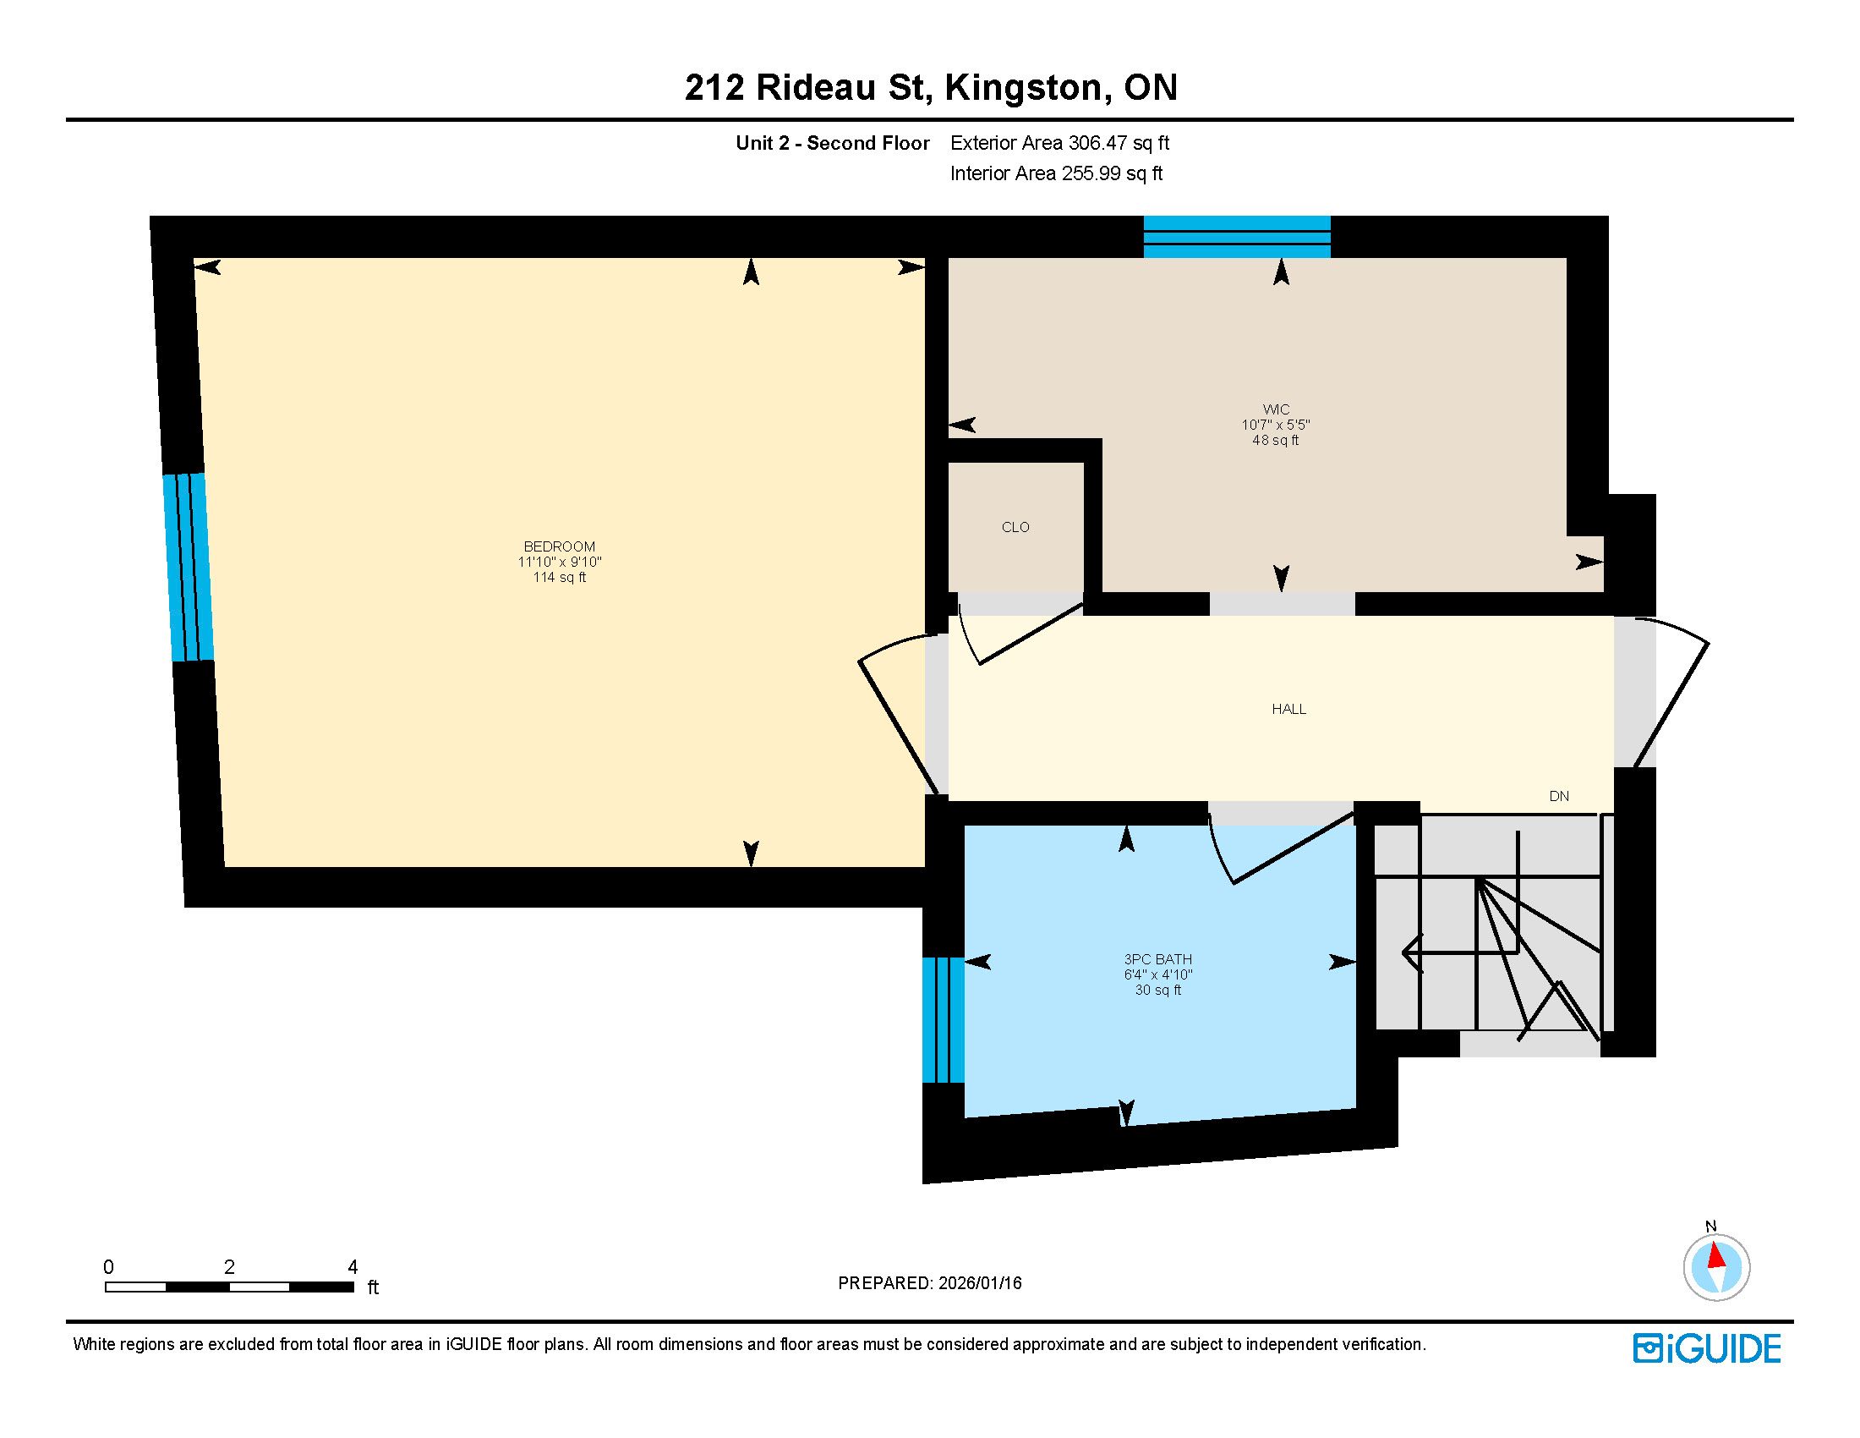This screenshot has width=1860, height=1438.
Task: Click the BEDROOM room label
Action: coord(559,546)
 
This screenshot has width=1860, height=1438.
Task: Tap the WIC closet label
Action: coord(1276,409)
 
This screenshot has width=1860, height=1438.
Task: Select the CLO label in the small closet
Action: coord(1015,527)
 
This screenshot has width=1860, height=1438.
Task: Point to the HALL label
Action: coord(1288,709)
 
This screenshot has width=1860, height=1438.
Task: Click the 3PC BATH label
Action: coord(1157,959)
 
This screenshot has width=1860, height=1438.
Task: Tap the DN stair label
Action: coord(1558,797)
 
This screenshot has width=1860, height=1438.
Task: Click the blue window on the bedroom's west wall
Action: coord(189,568)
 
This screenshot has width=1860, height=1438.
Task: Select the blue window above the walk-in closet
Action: coord(1237,236)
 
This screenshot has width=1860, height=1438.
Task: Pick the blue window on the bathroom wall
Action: coord(944,1020)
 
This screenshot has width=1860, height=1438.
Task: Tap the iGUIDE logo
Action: coord(1707,1348)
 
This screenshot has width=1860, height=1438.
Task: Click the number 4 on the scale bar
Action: coord(353,1267)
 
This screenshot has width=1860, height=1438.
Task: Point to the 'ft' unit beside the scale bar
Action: coord(373,1287)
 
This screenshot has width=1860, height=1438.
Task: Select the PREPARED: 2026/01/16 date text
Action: coord(929,1283)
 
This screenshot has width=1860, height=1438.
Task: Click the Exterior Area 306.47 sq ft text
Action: coord(1059,143)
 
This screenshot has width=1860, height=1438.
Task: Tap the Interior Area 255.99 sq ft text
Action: coord(1056,173)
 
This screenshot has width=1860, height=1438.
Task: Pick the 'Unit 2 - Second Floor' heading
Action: coord(832,143)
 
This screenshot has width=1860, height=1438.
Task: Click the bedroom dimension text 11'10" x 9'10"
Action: coord(560,563)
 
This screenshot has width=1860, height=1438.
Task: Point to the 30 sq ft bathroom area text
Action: coord(1157,990)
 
